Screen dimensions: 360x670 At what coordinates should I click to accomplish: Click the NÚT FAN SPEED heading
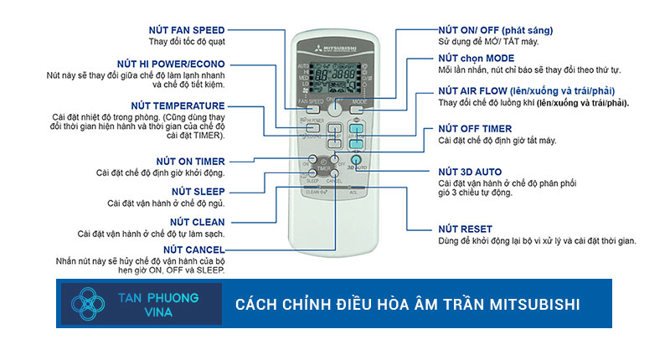[185, 30]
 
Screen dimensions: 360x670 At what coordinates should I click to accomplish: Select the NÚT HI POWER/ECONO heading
[173, 64]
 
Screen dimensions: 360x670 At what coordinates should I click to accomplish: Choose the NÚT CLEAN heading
[199, 221]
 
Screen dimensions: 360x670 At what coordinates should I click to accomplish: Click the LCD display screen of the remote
[335, 71]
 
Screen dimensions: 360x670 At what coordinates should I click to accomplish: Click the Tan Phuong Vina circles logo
[91, 305]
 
